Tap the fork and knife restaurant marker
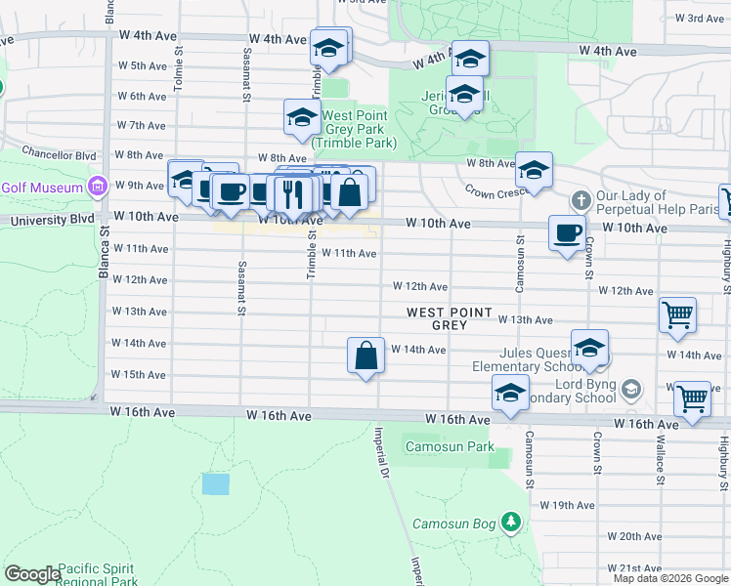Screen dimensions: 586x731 coord(290,193)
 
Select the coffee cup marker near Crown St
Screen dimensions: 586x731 coord(567,233)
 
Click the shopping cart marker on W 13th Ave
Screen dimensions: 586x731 coord(677,314)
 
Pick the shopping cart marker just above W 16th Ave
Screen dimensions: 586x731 coord(692,398)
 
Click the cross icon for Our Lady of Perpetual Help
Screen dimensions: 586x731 coord(580,201)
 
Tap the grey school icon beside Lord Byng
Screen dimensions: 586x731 coord(631,390)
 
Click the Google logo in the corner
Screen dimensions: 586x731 coord(32,574)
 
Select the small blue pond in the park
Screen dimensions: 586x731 coord(215,483)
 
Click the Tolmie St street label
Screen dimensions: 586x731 coord(179,73)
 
